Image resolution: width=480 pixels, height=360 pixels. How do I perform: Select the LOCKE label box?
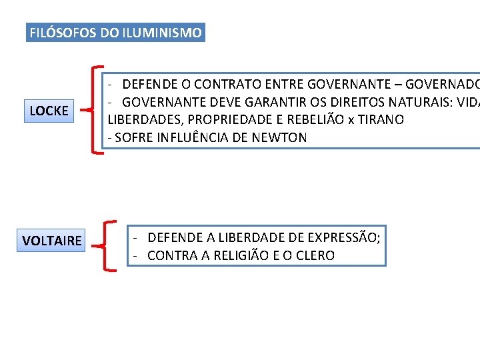(49, 111)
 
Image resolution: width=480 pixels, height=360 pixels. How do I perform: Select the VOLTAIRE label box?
(52, 240)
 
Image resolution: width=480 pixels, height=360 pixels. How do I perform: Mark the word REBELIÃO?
(313, 120)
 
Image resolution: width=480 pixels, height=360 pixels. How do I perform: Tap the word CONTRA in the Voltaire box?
(168, 255)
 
